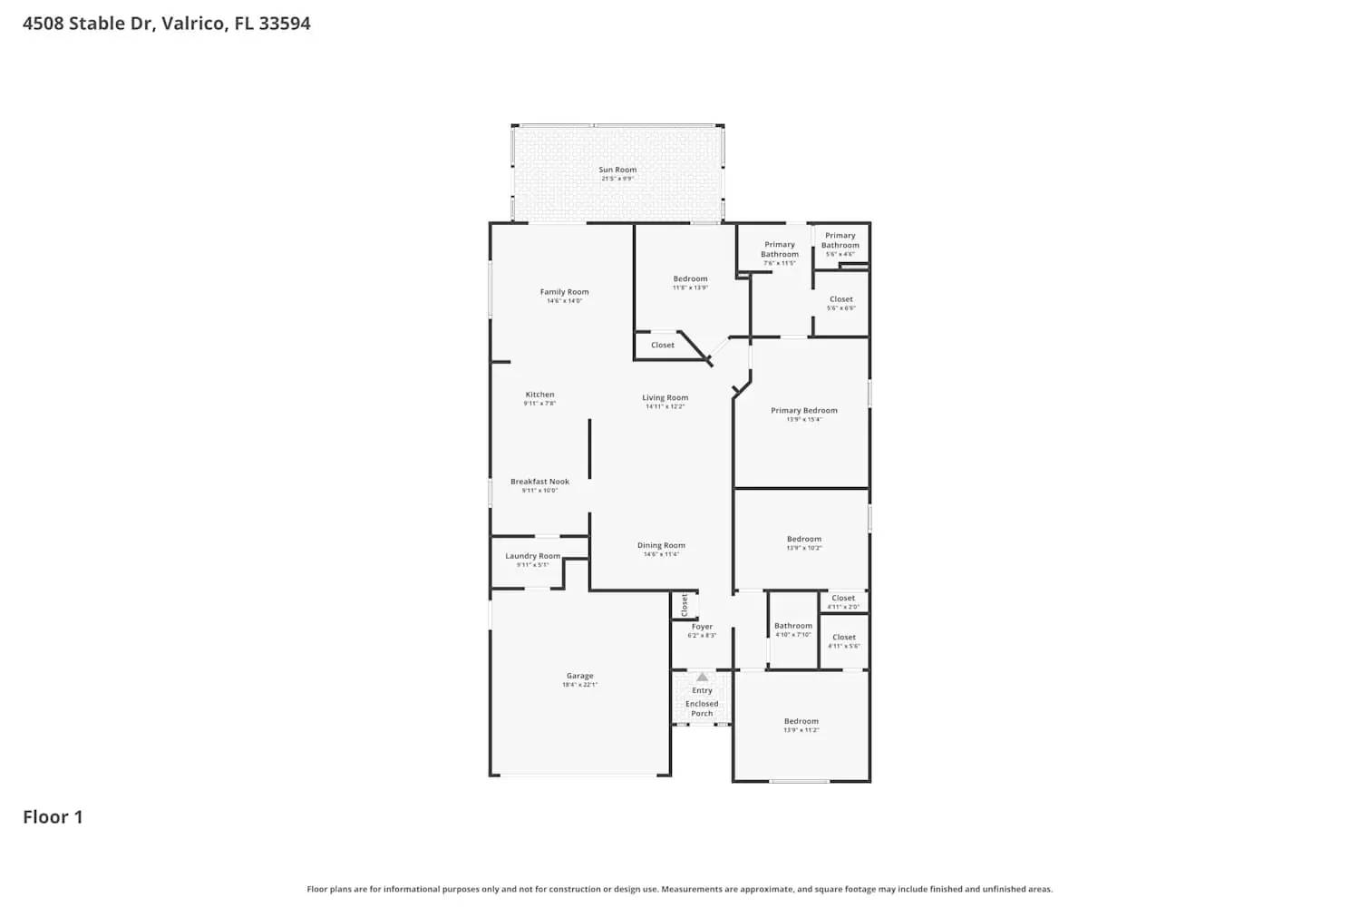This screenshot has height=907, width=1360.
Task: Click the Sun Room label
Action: [x=617, y=171]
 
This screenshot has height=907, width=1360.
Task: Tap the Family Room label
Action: [x=564, y=292]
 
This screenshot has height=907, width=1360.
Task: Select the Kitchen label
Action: [x=539, y=395]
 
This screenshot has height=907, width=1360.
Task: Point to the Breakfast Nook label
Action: [x=539, y=482]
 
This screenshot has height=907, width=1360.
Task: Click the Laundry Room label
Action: [x=532, y=556]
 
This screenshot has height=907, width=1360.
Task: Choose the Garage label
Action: [x=579, y=676]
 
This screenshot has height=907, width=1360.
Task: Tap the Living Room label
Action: [x=665, y=397]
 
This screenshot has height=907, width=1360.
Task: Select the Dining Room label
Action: [x=661, y=546]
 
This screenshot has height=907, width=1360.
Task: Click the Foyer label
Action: [x=702, y=627]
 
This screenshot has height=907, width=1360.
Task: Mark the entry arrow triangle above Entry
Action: [x=702, y=677]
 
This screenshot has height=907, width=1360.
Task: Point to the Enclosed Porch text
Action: [x=702, y=708]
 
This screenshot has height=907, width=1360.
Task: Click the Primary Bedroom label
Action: [x=803, y=411]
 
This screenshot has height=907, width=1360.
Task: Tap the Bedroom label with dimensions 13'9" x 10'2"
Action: [x=803, y=540]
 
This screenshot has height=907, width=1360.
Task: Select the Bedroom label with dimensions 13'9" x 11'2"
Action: [x=801, y=722]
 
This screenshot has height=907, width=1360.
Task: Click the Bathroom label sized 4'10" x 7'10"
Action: [x=792, y=626]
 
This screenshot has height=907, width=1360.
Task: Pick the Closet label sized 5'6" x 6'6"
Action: [x=840, y=299]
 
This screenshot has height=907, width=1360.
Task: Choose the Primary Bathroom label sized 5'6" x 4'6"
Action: [x=840, y=240]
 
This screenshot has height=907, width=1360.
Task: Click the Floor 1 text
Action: [x=53, y=817]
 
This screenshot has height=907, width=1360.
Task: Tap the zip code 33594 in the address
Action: [x=285, y=24]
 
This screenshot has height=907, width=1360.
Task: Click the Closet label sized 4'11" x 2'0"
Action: [x=843, y=599]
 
